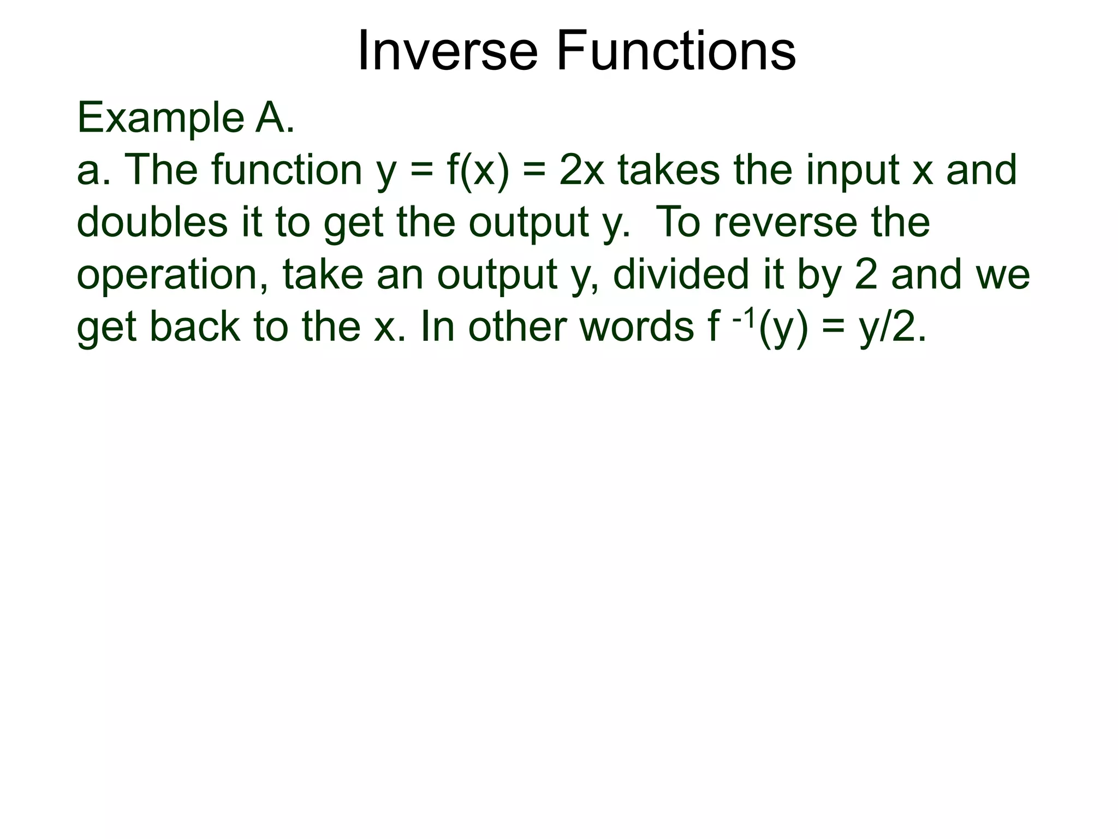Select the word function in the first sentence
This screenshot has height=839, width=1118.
(287, 170)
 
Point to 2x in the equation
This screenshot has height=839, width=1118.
(582, 170)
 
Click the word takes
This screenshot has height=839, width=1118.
(669, 170)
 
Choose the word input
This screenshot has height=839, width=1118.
(852, 171)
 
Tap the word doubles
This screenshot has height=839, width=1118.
(152, 222)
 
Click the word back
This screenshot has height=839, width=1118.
(194, 327)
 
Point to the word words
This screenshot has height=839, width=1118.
(636, 327)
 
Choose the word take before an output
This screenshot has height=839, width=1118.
(323, 275)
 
